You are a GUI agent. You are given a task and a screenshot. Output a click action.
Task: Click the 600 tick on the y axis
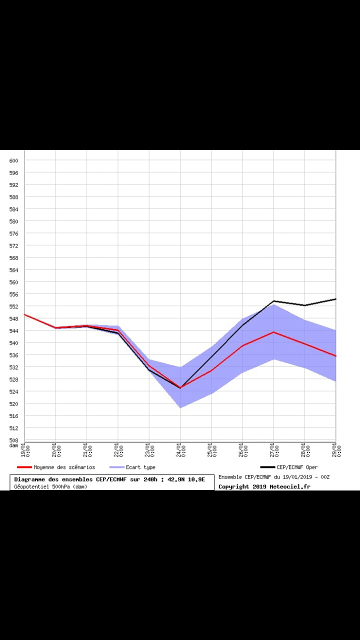click(14, 160)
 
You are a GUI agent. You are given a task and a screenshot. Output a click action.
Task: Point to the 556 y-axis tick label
click(14, 294)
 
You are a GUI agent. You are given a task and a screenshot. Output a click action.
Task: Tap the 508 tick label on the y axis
click(14, 440)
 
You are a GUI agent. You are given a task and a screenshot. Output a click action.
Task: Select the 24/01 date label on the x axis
click(180, 450)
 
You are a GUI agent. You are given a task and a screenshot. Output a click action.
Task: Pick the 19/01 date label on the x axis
click(24, 450)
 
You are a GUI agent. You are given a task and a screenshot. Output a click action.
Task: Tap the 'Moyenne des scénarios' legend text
click(64, 467)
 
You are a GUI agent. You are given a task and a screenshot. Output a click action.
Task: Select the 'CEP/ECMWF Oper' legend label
click(297, 467)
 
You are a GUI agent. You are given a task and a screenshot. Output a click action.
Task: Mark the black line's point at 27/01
click(273, 301)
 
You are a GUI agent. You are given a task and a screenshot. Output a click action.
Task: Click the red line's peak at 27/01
click(273, 332)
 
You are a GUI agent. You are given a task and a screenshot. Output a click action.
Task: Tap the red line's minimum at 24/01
click(180, 387)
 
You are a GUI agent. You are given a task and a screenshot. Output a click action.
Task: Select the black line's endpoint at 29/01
click(335, 299)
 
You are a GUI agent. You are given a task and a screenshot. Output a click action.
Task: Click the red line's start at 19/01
click(24, 314)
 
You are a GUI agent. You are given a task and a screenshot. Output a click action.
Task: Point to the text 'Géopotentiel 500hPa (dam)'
click(50, 486)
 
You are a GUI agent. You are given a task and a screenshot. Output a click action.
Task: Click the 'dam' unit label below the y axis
click(14, 445)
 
